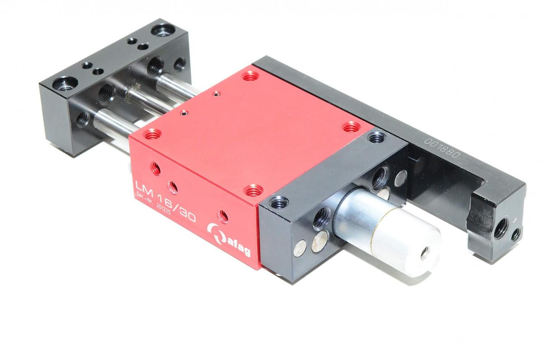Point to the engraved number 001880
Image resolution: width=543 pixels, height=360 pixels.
click(x=442, y=148)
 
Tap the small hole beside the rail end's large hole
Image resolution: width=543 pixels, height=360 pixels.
click(x=515, y=234)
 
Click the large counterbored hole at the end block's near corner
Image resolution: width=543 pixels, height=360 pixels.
click(x=60, y=84)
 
